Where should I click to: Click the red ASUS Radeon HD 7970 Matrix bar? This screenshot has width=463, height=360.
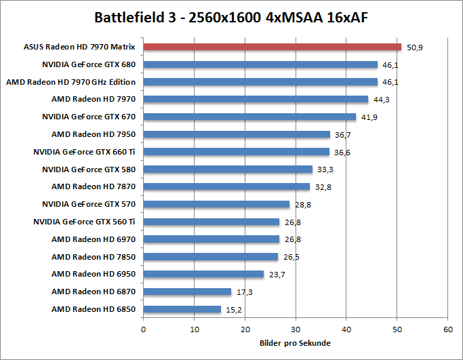[x=272, y=47]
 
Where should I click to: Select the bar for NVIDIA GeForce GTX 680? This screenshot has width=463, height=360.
[x=260, y=65]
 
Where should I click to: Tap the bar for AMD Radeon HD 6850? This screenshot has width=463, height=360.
[x=182, y=310]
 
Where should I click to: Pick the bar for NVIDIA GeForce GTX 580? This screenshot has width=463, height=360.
[x=228, y=169]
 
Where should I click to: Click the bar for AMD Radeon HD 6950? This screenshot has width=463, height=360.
[x=203, y=275]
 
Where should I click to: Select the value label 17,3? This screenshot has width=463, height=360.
[x=245, y=292]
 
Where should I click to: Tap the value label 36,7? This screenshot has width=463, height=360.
[x=343, y=135]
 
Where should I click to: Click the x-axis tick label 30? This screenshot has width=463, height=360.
[x=296, y=329]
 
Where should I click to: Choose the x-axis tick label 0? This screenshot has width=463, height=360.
[x=144, y=329]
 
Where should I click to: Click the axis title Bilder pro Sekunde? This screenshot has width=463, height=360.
[x=296, y=343]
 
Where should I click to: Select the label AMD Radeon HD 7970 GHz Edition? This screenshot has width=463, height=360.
[x=71, y=82]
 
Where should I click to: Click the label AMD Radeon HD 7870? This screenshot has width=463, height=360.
[x=94, y=187]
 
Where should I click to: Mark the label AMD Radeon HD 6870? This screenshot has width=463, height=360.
[x=94, y=292]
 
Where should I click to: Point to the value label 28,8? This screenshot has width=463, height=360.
[x=303, y=205]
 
